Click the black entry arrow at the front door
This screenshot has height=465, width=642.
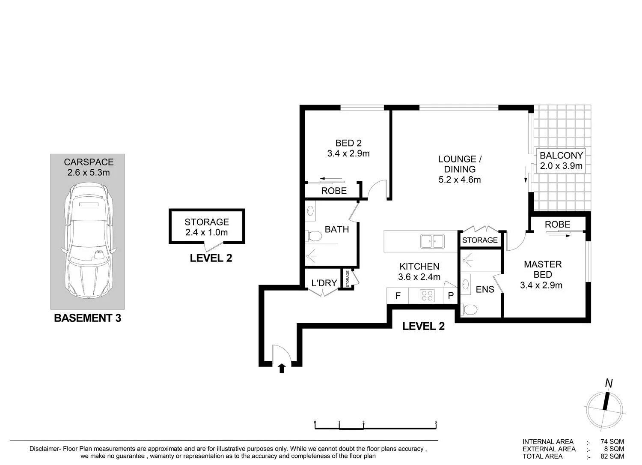tap(282, 369)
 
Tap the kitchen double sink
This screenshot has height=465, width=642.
tap(433, 241)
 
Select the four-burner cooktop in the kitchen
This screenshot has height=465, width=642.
tap(427, 296)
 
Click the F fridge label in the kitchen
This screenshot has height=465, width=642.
tap(398, 296)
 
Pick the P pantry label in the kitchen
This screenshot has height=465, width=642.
tap(451, 295)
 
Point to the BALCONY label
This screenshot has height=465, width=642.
tap(561, 155)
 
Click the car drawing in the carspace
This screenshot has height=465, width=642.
tap(88, 240)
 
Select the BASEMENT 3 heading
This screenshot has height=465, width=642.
tap(88, 318)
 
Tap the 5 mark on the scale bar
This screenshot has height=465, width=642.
tap(436, 423)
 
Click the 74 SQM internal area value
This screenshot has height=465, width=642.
tap(612, 442)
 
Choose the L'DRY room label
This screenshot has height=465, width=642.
tap(324, 283)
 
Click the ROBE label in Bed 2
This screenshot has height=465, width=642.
tap(334, 191)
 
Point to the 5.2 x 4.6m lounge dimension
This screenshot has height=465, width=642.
tap(460, 180)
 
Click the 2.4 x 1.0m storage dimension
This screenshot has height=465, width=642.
tap(207, 232)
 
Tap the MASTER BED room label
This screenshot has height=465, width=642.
tap(543, 269)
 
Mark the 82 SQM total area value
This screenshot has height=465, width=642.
tap(612, 456)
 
